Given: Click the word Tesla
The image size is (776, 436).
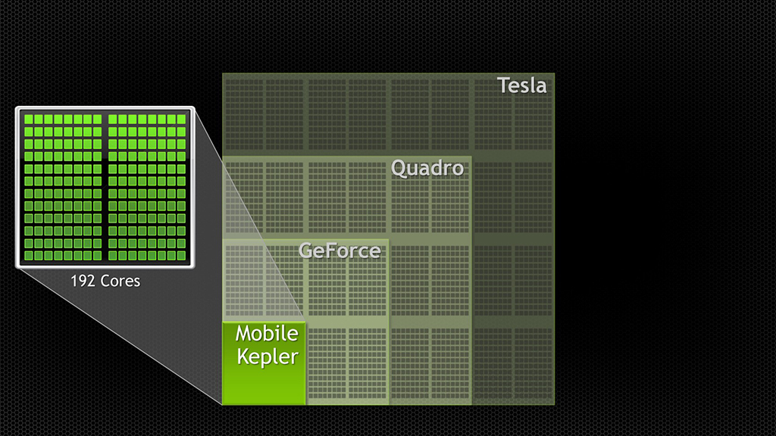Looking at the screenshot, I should pyautogui.click(x=521, y=85).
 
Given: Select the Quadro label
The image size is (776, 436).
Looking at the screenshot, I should pyautogui.click(x=427, y=167).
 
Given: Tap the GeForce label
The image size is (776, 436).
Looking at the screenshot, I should pyautogui.click(x=339, y=250).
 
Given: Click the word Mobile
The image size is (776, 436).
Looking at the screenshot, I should pyautogui.click(x=267, y=333).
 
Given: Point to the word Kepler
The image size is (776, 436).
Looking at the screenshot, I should pyautogui.click(x=267, y=356).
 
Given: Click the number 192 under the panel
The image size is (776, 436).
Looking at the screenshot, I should pyautogui.click(x=82, y=281).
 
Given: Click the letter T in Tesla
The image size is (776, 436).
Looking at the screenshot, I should pyautogui.click(x=503, y=85).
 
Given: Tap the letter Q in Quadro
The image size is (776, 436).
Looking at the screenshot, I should pyautogui.click(x=399, y=167).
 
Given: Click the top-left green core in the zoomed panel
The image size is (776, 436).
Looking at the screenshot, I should pyautogui.click(x=29, y=120).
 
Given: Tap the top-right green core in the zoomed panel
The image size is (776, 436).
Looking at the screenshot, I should pyautogui.click(x=181, y=120).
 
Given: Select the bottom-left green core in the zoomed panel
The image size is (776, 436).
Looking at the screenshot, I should pyautogui.click(x=29, y=256).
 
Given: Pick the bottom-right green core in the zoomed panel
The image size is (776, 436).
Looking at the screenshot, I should pyautogui.click(x=181, y=256).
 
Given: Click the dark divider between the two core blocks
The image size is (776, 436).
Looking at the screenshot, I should pyautogui.click(x=105, y=188).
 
